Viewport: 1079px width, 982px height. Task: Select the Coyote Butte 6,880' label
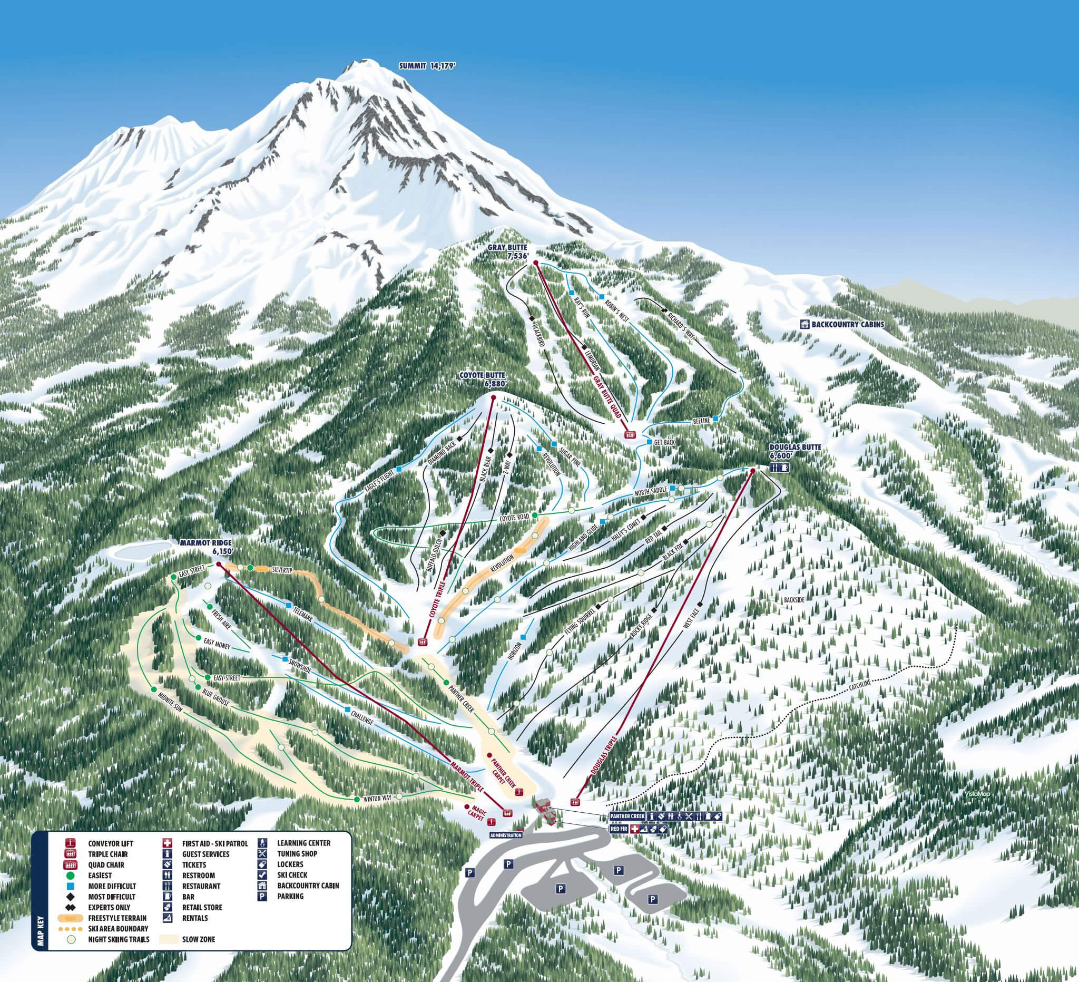(482, 380)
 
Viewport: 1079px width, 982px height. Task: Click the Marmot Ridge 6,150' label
(206, 547)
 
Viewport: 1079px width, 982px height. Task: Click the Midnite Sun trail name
(171, 705)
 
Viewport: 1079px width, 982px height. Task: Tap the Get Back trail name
(664, 442)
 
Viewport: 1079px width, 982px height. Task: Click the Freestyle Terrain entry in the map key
(117, 918)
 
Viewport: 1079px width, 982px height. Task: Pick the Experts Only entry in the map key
(109, 907)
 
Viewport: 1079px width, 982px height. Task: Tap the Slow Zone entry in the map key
(199, 939)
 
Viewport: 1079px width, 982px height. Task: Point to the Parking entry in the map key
(290, 896)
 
